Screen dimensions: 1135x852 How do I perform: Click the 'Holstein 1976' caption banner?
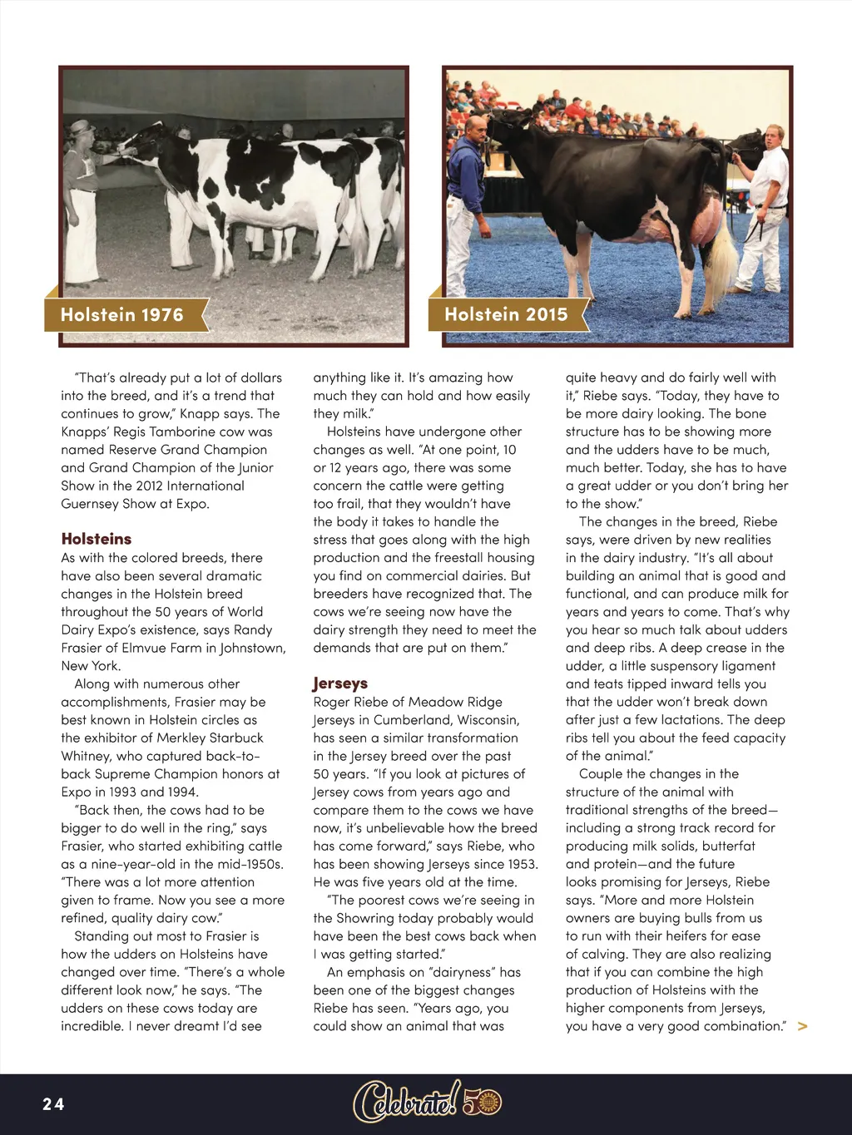click(122, 315)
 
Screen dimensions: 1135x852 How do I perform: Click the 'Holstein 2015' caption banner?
click(506, 315)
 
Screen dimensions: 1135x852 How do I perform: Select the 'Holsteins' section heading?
click(96, 539)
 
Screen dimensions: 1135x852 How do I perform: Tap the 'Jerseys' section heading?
click(340, 683)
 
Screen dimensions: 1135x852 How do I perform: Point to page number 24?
click(53, 1104)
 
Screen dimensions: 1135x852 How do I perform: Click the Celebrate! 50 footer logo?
click(427, 1103)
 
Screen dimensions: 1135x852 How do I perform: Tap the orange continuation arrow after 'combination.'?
click(802, 1027)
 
